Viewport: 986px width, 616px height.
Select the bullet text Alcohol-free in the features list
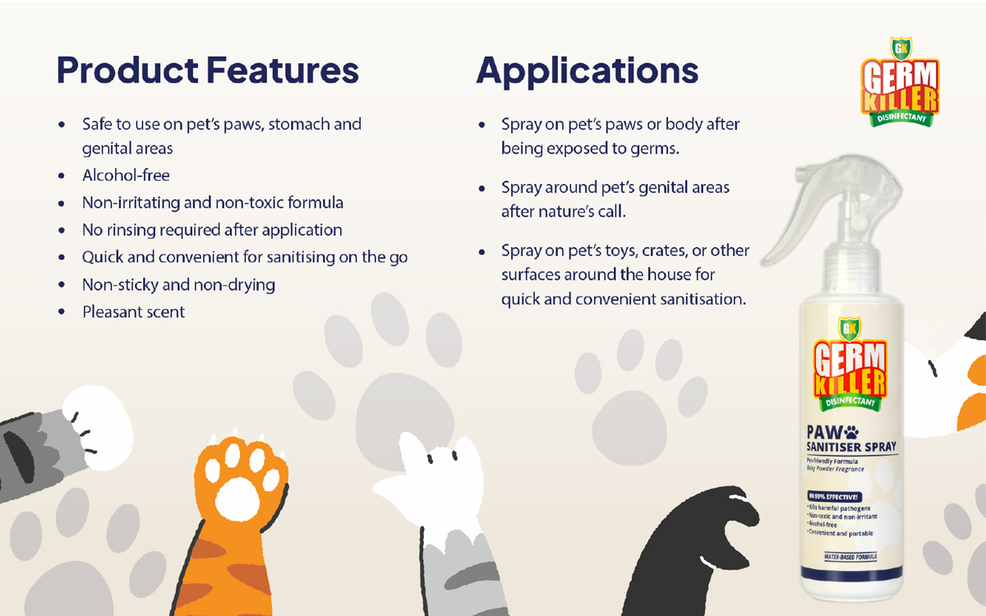(126, 176)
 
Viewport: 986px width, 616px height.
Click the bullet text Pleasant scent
(133, 312)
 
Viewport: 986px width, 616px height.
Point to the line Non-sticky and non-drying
(178, 285)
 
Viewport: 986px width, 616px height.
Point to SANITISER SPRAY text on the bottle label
(850, 448)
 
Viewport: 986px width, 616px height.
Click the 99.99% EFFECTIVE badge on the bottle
(833, 497)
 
